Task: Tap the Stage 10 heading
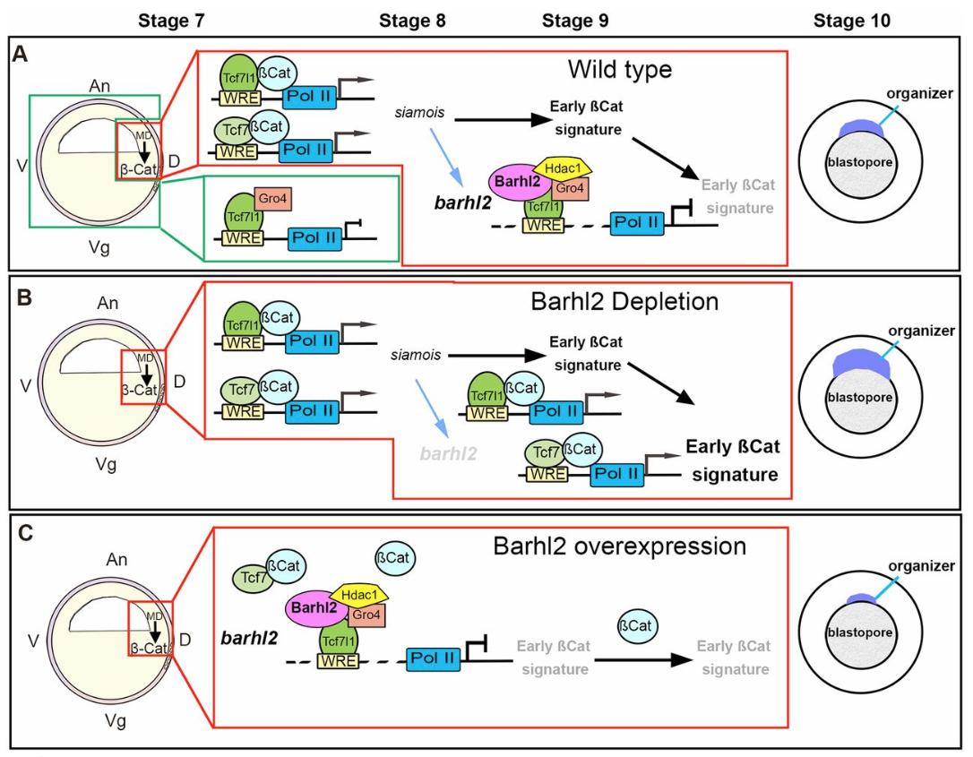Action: coord(852,22)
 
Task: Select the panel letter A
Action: coord(21,56)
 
